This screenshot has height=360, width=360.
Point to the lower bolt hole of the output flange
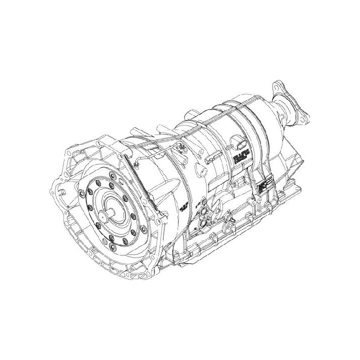click(x=302, y=119)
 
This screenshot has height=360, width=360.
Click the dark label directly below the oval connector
click(x=238, y=159)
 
